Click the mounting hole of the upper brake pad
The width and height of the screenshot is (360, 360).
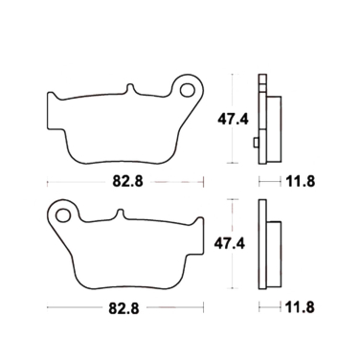[187, 89]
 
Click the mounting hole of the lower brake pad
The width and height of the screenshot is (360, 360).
[64, 214]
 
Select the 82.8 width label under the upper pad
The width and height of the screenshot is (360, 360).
[123, 179]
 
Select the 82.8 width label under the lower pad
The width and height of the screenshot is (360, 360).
[123, 307]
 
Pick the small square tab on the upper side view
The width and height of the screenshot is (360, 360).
[256, 144]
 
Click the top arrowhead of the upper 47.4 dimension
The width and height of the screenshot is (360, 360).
[233, 77]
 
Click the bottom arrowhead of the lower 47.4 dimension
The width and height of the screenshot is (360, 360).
[233, 289]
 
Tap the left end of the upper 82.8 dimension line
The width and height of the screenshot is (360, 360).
[47, 179]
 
